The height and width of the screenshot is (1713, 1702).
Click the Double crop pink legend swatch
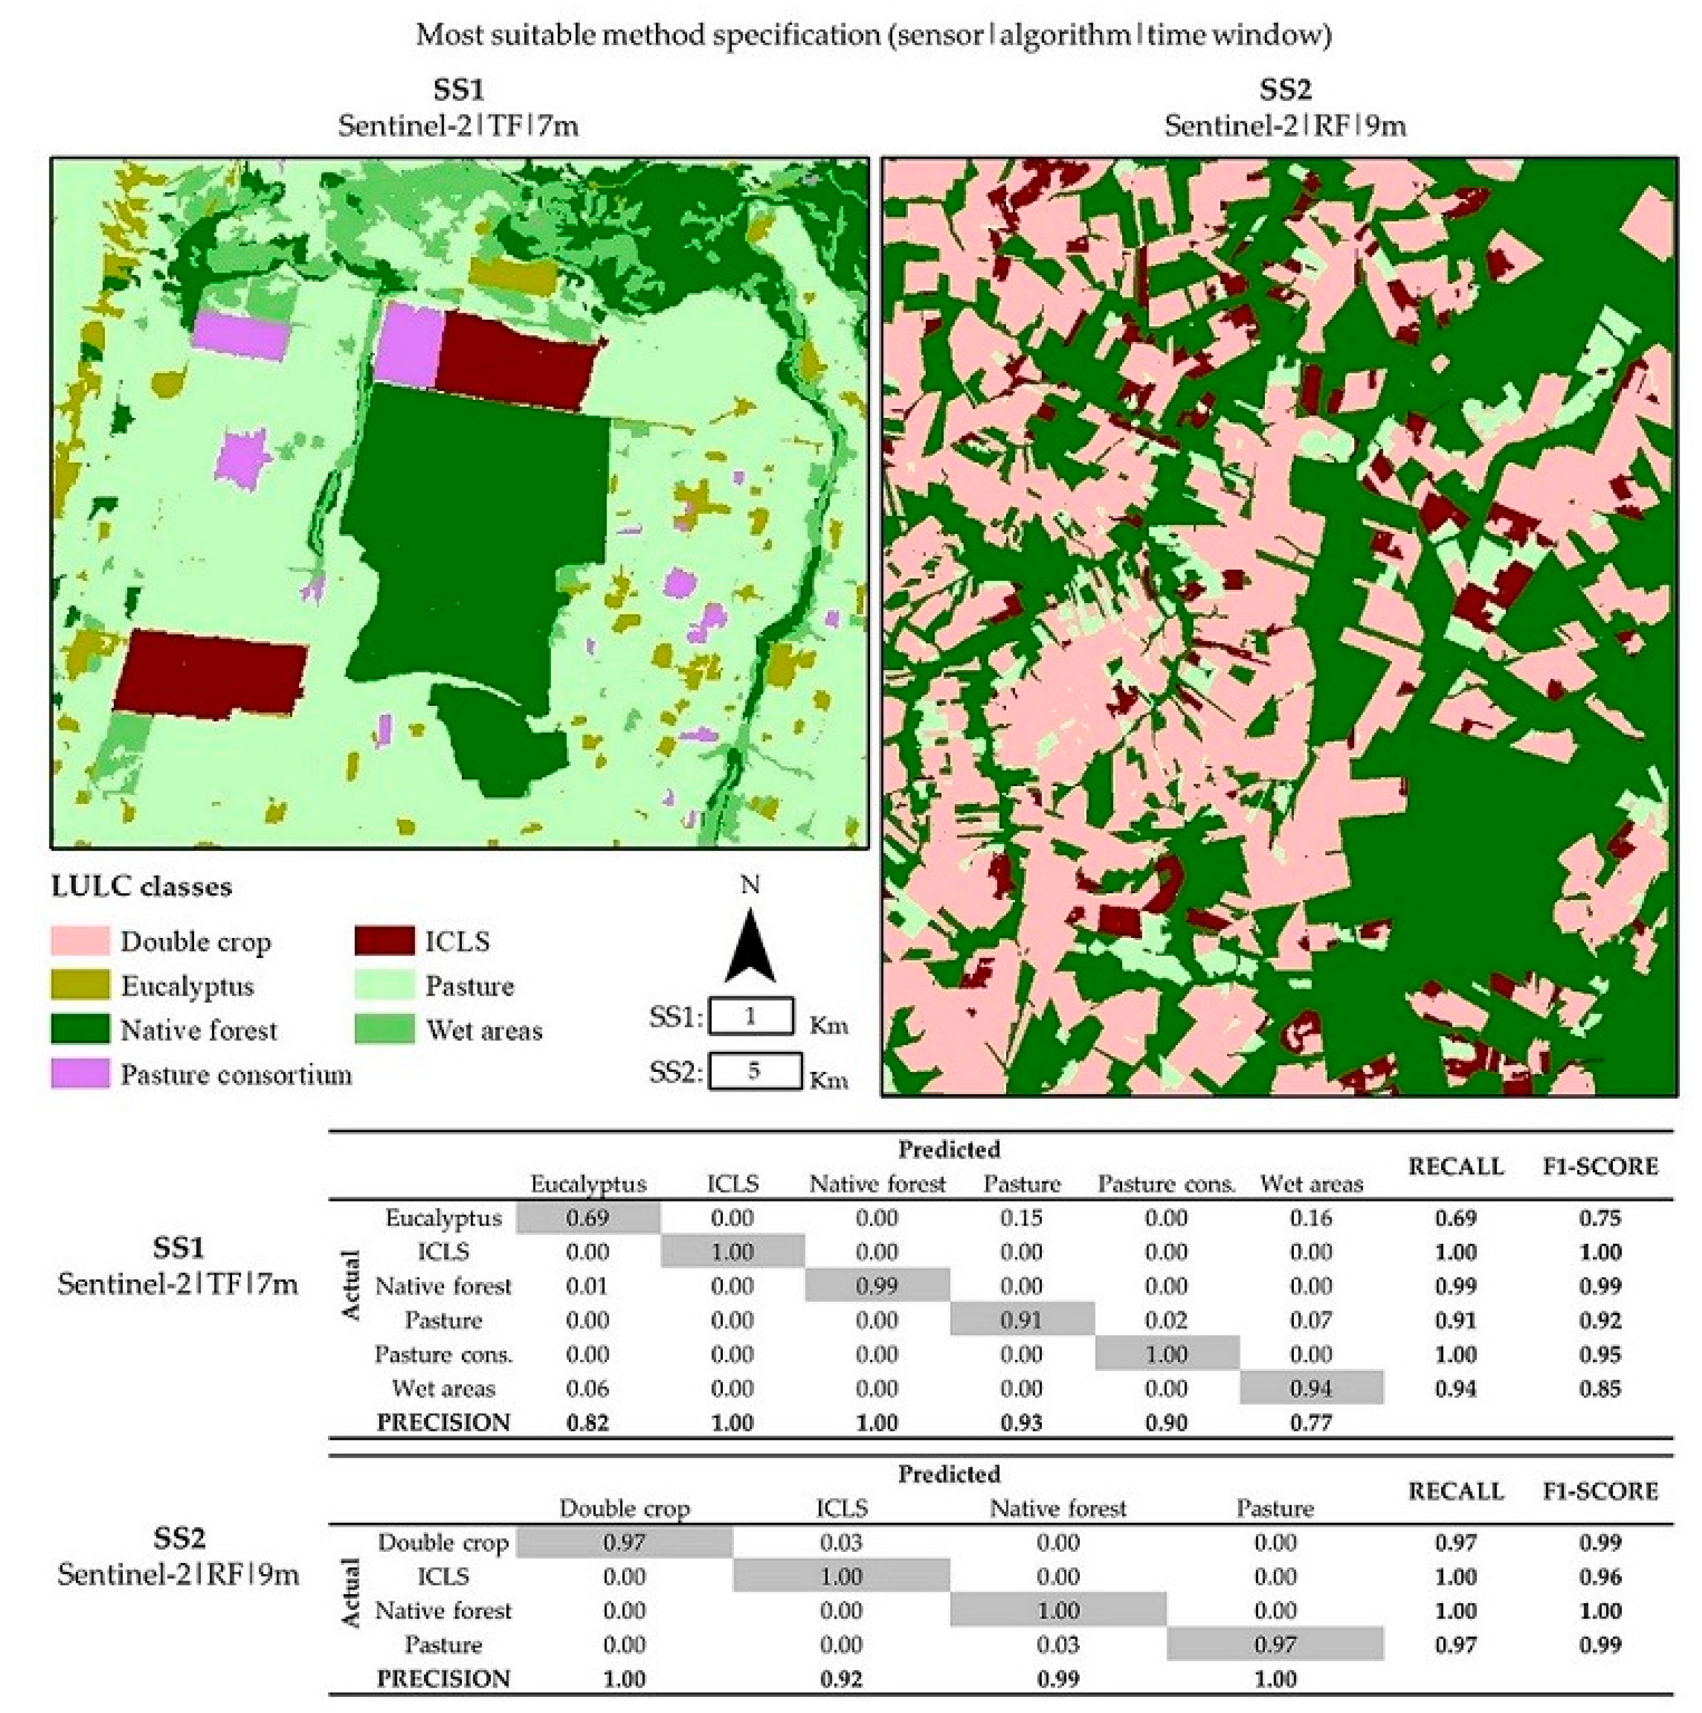click(80, 941)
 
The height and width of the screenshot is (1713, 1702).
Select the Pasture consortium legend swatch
click(80, 1074)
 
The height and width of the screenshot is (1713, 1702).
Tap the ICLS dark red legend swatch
click(384, 941)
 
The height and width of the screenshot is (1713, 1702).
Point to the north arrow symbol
click(750, 949)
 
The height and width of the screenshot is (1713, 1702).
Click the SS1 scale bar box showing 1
click(751, 1016)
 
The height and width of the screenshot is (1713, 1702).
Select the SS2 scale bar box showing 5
click(754, 1070)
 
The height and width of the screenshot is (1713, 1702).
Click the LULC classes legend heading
click(142, 887)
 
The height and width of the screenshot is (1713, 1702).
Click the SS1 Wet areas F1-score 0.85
click(1599, 1388)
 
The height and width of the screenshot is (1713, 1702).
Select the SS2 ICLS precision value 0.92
click(840, 1679)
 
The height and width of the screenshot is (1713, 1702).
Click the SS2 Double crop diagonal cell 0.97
click(624, 1543)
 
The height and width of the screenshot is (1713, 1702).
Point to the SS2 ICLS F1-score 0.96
click(1599, 1577)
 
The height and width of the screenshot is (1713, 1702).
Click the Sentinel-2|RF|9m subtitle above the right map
click(1284, 126)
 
